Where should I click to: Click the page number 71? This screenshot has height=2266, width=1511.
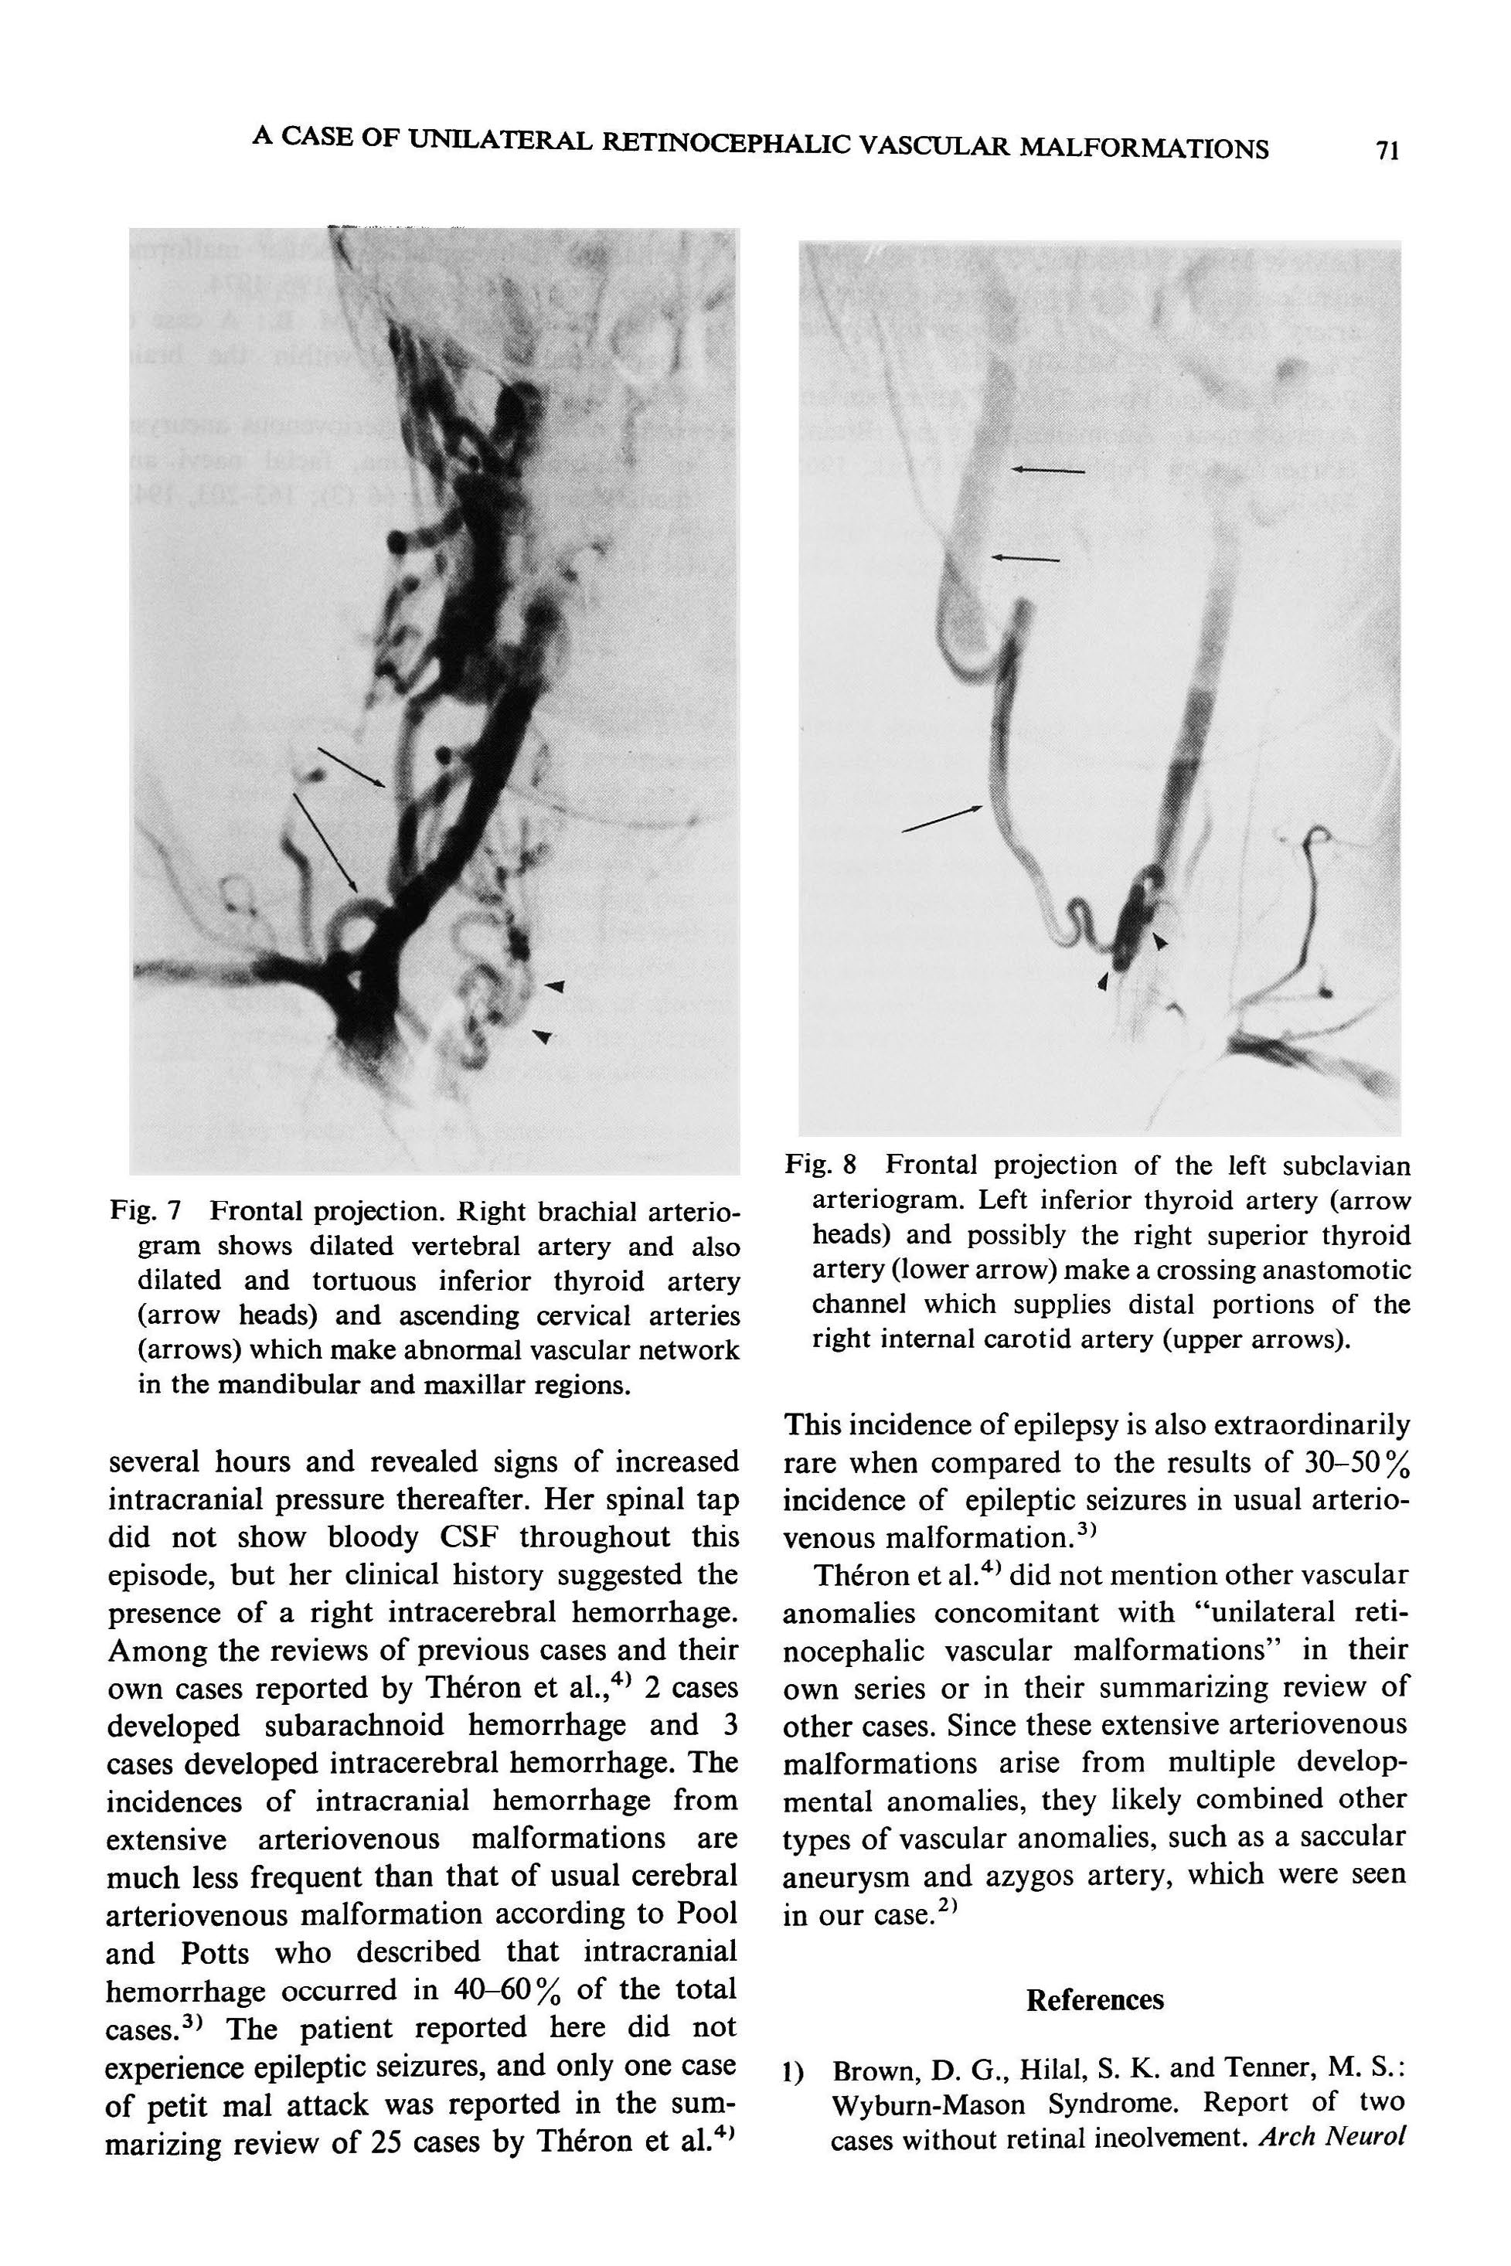coord(1387,150)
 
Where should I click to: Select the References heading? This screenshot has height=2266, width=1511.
coord(1094,2000)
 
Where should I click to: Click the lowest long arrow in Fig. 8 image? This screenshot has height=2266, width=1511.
coord(942,818)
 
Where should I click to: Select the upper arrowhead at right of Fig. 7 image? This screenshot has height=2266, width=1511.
coord(554,985)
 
